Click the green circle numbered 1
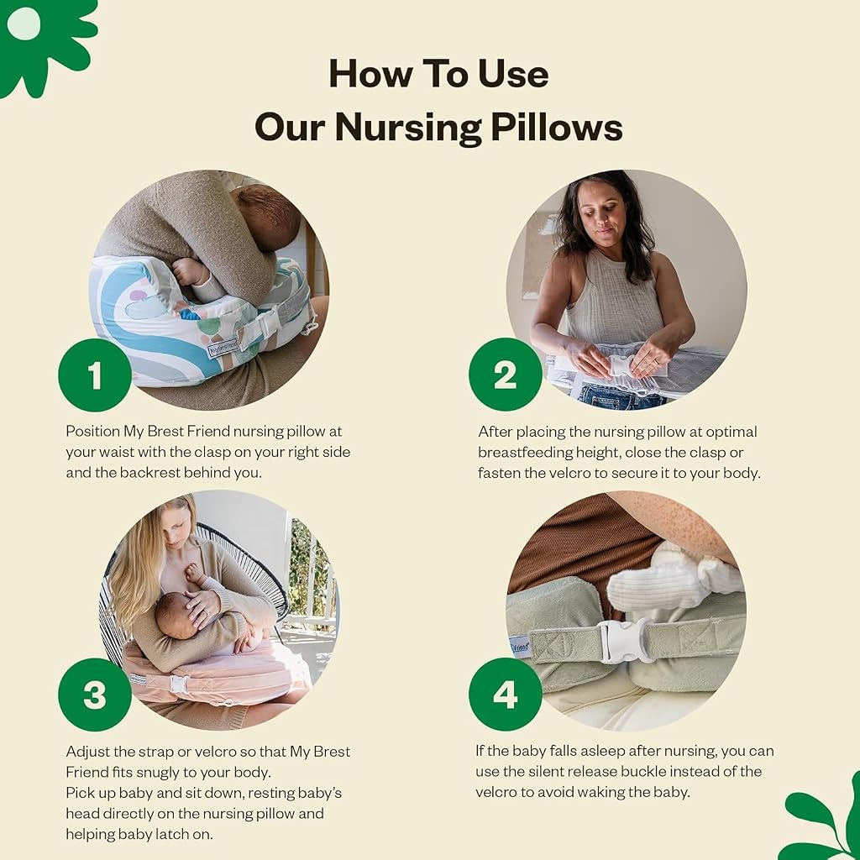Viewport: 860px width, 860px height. point(95,375)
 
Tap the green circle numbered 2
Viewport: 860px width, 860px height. point(505,375)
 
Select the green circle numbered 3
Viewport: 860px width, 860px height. point(95,695)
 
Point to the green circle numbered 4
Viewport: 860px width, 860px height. point(505,695)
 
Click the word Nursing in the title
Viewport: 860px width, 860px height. point(407,128)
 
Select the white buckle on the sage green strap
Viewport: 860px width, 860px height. point(626,640)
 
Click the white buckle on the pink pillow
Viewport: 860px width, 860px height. point(180,684)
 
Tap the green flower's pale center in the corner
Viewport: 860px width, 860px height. point(24,24)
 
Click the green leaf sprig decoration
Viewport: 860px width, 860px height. point(826,817)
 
